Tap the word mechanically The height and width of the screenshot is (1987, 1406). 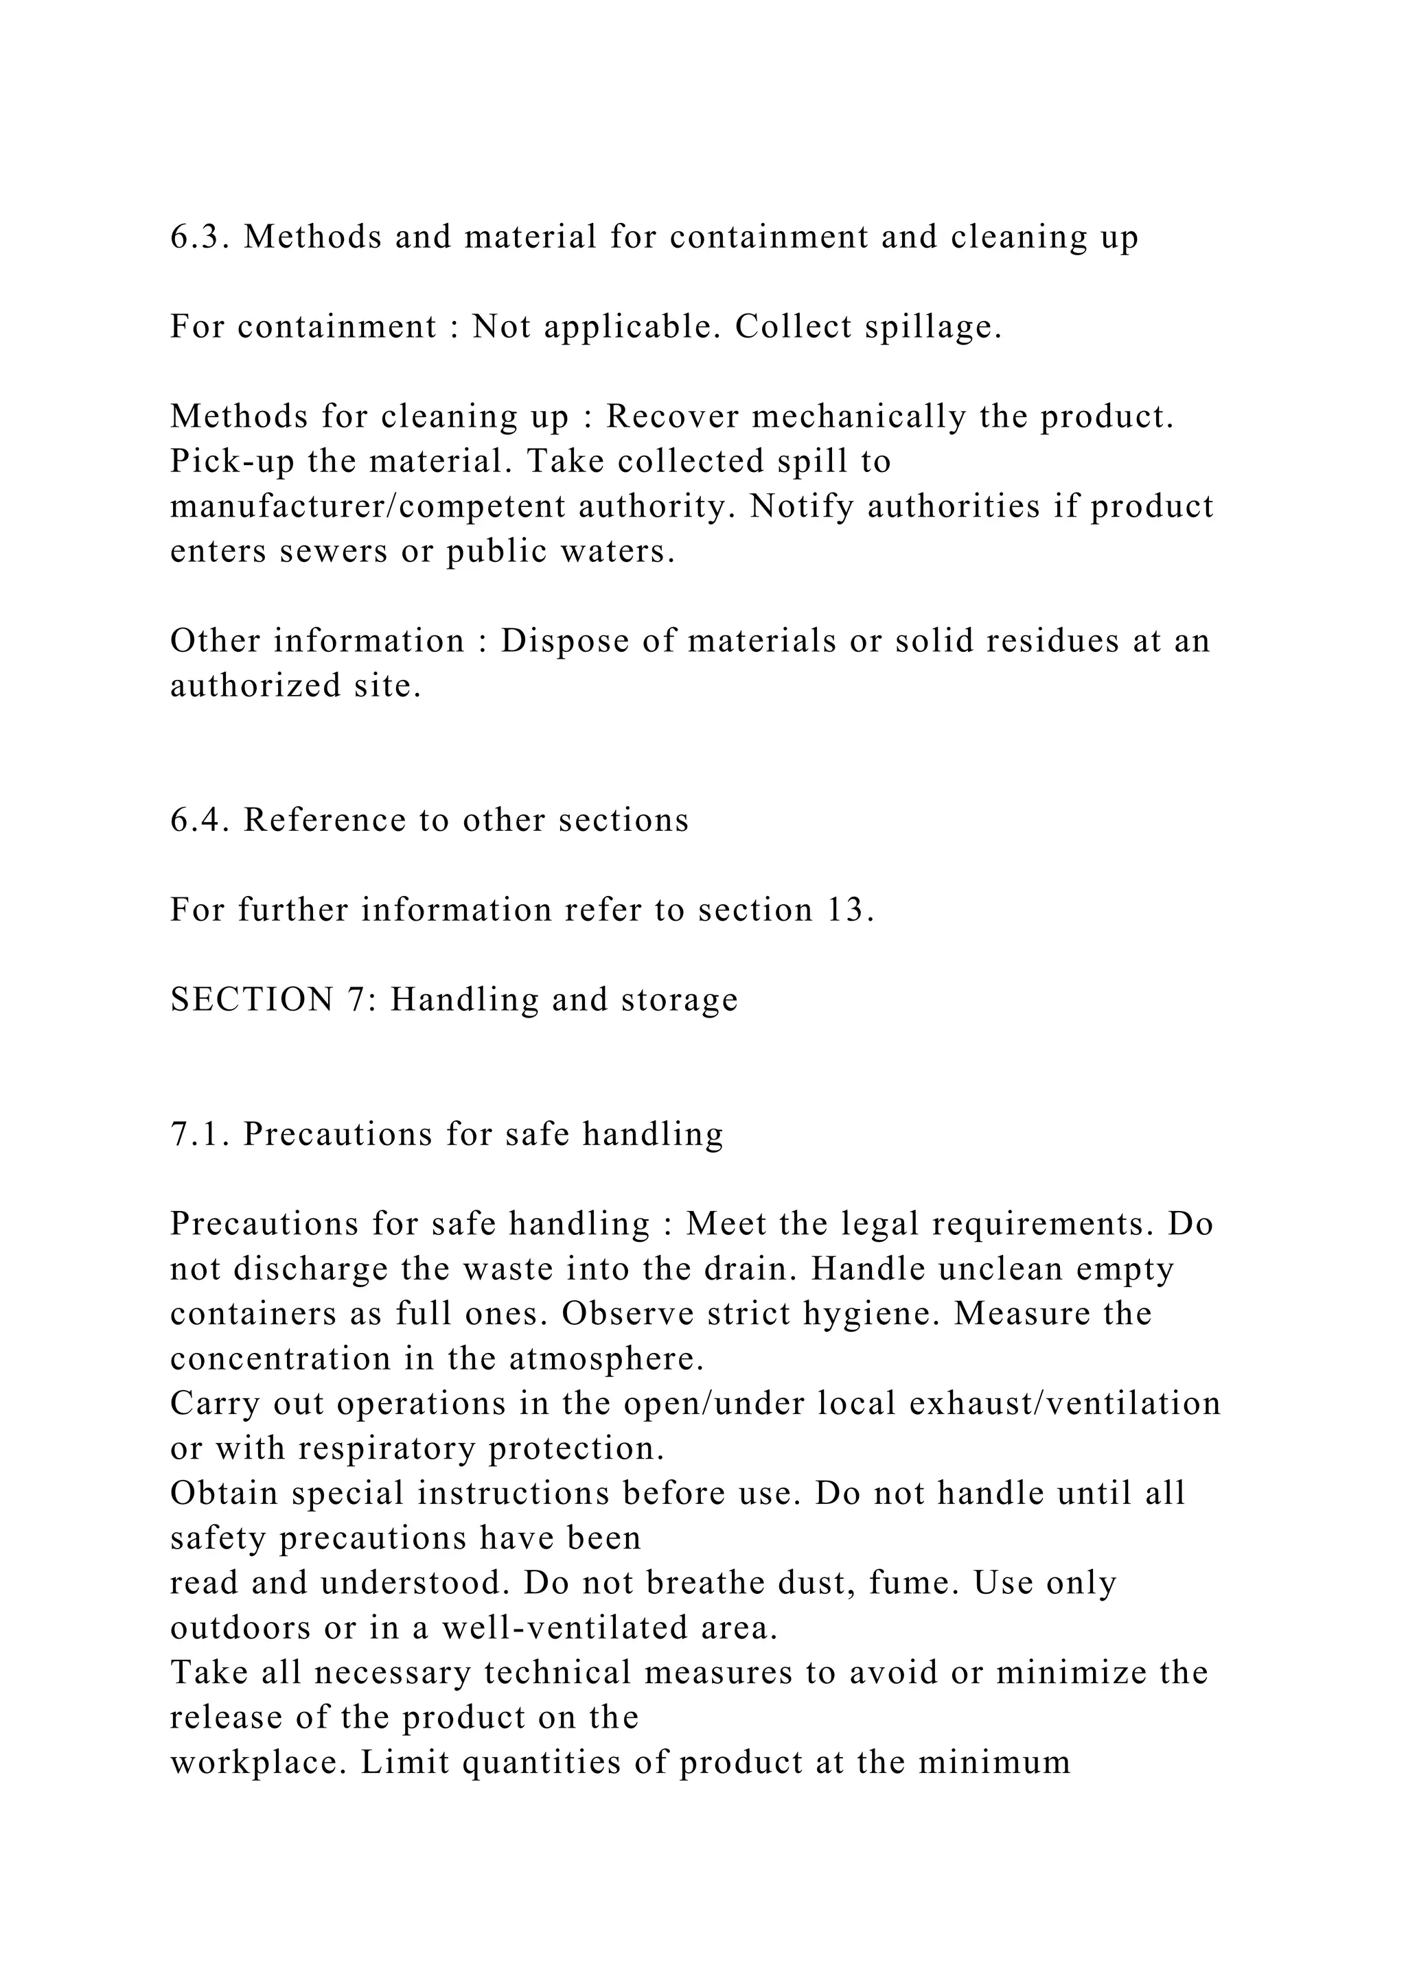point(858,417)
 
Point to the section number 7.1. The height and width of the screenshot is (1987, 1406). point(199,1135)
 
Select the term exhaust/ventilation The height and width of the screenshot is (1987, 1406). point(1065,1404)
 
